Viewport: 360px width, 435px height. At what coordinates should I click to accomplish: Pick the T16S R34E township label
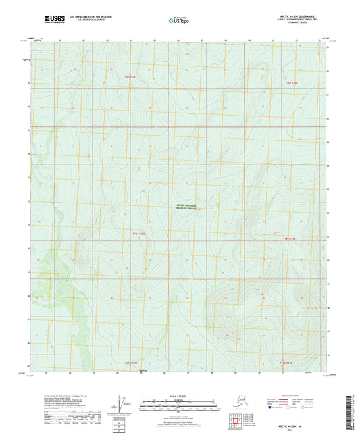click(x=289, y=239)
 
